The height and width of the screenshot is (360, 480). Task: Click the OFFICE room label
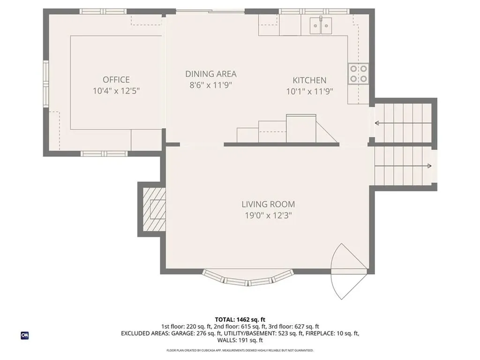(116, 80)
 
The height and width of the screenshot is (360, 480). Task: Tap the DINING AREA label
(210, 74)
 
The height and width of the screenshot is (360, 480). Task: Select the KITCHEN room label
(309, 80)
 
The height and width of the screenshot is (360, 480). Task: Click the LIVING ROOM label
(268, 204)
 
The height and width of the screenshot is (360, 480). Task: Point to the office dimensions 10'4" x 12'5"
(116, 91)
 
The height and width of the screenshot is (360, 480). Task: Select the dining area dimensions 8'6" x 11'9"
(210, 85)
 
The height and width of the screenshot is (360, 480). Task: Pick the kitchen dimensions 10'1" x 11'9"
(309, 91)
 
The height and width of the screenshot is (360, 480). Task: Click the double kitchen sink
(321, 24)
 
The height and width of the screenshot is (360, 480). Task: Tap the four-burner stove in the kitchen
(358, 74)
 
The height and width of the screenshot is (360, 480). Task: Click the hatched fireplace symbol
(154, 209)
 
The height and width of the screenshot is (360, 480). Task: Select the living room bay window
(248, 279)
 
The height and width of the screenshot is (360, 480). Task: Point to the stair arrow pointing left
(403, 124)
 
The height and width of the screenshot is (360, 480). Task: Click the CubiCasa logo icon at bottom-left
(24, 335)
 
